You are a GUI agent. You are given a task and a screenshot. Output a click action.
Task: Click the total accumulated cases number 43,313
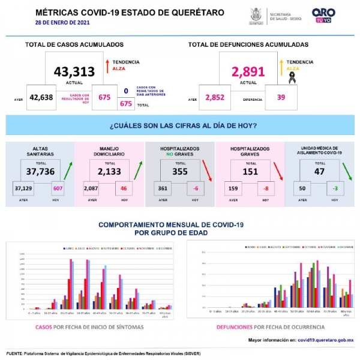click(x=74, y=72)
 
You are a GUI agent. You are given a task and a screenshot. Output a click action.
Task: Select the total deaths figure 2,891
click(x=248, y=72)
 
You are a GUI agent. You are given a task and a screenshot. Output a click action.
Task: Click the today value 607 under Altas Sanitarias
click(x=58, y=189)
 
